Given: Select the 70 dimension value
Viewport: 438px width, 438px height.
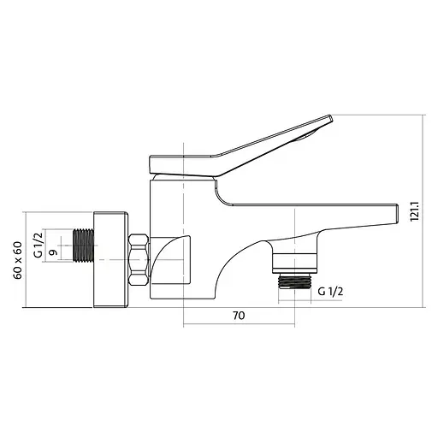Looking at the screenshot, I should tap(239, 316).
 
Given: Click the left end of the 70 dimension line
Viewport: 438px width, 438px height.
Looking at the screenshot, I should tap(184, 324).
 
